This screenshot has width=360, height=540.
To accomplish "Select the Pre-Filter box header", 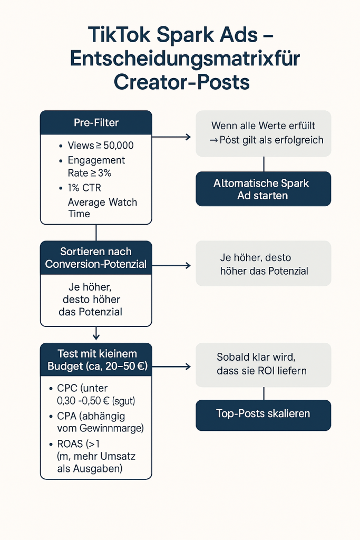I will point(96,123).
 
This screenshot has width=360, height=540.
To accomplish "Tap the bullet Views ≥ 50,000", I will point(100,146).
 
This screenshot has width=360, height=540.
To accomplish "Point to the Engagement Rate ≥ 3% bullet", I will point(96,166).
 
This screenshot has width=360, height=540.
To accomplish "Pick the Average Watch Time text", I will point(102,208).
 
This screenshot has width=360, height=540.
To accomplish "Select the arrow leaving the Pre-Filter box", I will point(171,137).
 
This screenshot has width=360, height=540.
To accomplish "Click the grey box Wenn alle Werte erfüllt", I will point(264,133).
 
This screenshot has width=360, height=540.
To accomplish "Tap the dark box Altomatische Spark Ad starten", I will point(264,189).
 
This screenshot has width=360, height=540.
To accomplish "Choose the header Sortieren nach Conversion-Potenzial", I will point(96,257).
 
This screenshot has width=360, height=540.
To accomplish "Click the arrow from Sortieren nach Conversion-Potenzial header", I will point(171,265).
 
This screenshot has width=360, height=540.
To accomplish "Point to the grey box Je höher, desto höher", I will point(264,264).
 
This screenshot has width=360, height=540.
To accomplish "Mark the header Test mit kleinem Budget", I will point(96,359).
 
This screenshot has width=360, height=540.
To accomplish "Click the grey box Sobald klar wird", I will point(264,364).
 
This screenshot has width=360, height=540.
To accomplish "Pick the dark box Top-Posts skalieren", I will point(264,414).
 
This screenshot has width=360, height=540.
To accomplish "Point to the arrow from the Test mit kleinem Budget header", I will point(171,367).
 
